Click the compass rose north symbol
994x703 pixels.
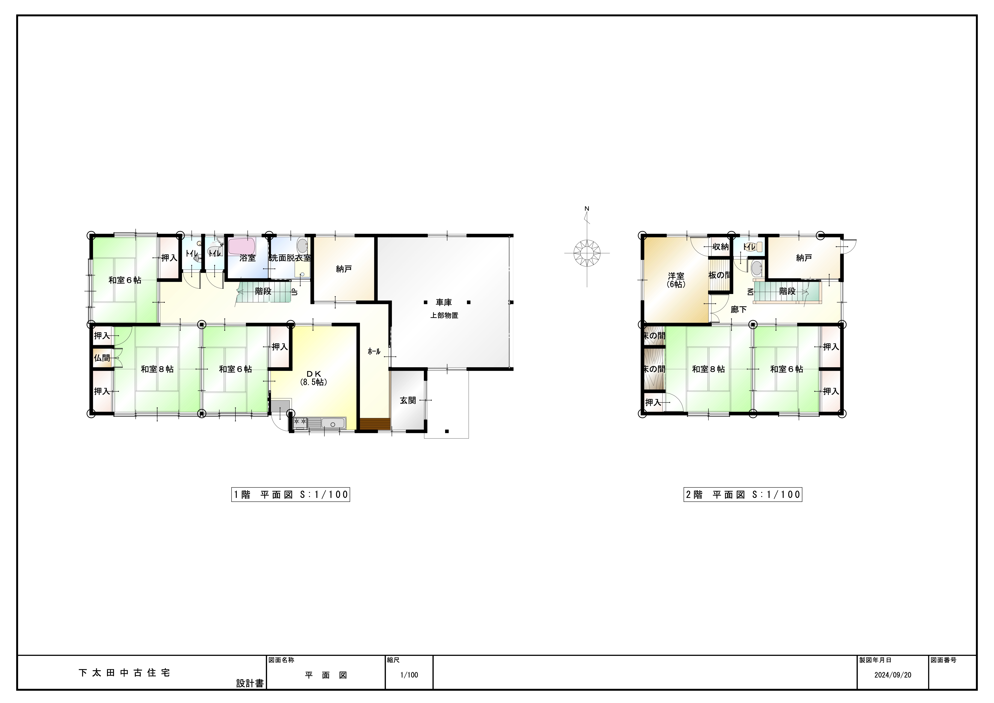(587, 253)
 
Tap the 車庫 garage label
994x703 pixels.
(444, 302)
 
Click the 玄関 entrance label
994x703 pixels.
(408, 400)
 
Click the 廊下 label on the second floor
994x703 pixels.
(739, 309)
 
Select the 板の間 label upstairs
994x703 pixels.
(720, 275)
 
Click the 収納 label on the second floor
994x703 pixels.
(721, 247)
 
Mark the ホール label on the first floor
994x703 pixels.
(374, 351)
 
